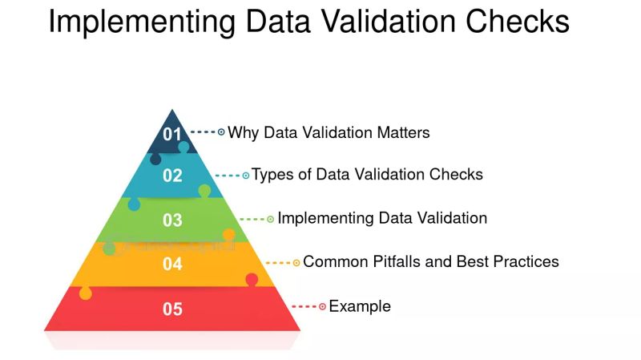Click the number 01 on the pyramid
[x=172, y=134]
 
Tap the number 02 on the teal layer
[x=172, y=176]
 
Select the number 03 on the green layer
[x=172, y=220]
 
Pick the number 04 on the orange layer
[x=172, y=263]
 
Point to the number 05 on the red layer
[x=172, y=309]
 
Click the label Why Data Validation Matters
[x=329, y=132]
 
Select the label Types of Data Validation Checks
[x=368, y=174]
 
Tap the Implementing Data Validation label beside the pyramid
[x=382, y=217]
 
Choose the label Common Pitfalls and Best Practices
[x=431, y=261]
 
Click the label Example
[x=360, y=305]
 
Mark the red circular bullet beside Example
[x=322, y=306]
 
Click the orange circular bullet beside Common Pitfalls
[x=296, y=262]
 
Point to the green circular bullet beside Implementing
[x=270, y=218]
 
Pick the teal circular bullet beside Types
[x=246, y=175]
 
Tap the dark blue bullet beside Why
[x=221, y=131]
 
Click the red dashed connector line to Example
[x=304, y=306]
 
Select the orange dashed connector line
[x=278, y=262]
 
